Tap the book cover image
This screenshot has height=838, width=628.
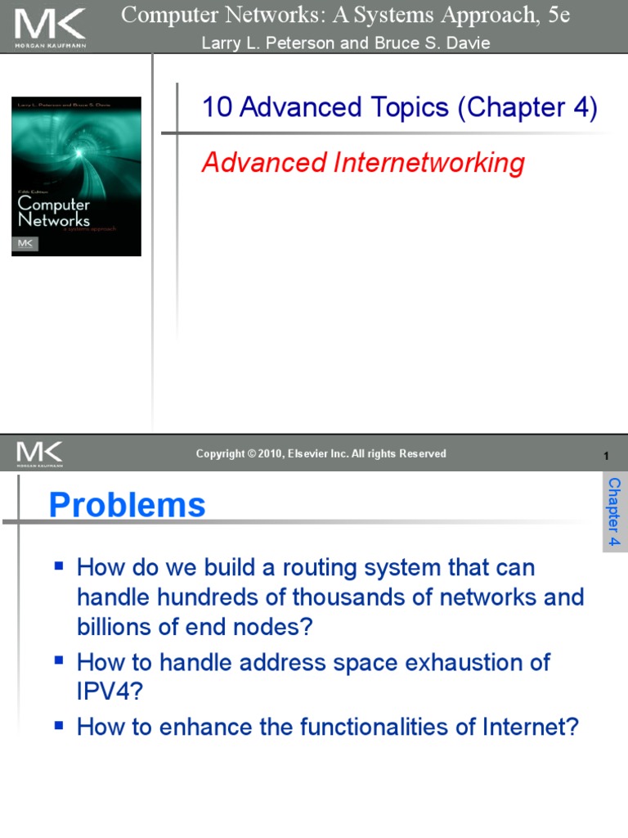pyautogui.click(x=76, y=176)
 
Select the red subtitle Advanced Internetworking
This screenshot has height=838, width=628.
pyautogui.click(x=362, y=163)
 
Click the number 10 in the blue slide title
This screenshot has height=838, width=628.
pyautogui.click(x=218, y=107)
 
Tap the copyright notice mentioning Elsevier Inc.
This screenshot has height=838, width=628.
pyautogui.click(x=321, y=453)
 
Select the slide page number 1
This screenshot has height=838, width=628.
pyautogui.click(x=606, y=455)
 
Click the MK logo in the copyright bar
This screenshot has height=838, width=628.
pyautogui.click(x=39, y=453)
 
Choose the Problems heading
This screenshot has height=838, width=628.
pyautogui.click(x=127, y=505)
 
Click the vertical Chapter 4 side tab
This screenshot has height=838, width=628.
pyautogui.click(x=614, y=512)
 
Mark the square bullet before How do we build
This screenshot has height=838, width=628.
pyautogui.click(x=58, y=565)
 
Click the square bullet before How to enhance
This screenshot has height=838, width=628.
pyautogui.click(x=58, y=726)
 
